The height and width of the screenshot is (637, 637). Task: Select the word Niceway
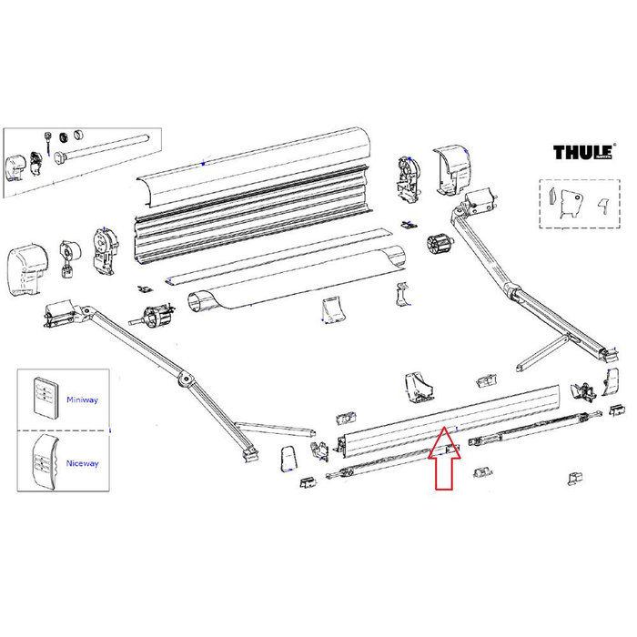coord(82,463)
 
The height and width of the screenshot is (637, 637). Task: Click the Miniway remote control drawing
coord(42,397)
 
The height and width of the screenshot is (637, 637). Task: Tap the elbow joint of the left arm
coord(184,378)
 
